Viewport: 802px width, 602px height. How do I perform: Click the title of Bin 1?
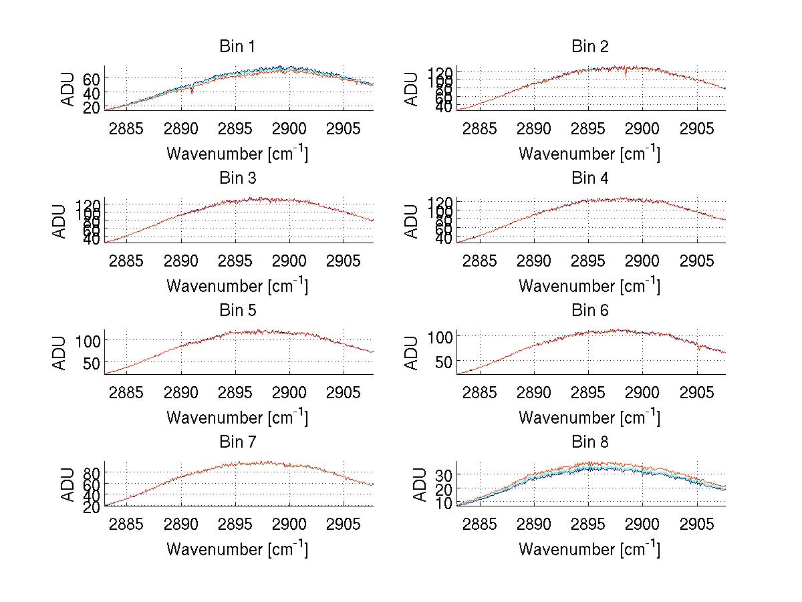[237, 47]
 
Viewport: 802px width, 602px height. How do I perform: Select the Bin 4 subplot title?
[589, 178]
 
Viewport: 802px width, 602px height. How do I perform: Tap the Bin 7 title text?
[237, 442]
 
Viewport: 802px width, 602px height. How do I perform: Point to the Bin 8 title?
[589, 442]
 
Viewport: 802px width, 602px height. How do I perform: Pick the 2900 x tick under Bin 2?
[642, 128]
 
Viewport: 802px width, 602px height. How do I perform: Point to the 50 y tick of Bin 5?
[92, 362]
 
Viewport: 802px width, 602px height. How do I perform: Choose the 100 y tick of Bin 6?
[441, 336]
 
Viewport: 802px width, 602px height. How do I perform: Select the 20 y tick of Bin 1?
[92, 107]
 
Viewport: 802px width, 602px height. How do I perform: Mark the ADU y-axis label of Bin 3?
[61, 221]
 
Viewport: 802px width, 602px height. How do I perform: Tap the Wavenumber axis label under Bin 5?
[237, 418]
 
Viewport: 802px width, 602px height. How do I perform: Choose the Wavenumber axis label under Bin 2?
[589, 154]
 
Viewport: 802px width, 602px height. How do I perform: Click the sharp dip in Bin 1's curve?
[192, 92]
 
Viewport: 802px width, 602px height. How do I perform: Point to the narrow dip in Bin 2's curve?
[626, 74]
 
